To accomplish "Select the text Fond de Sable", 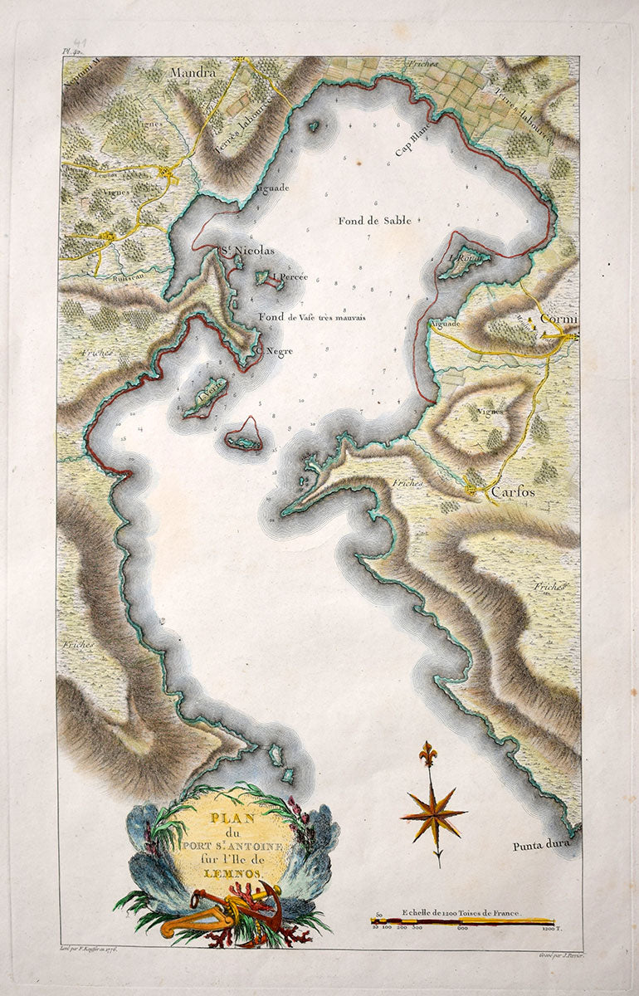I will click(374, 221).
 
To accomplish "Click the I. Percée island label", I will click(291, 277).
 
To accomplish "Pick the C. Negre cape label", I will click(275, 349).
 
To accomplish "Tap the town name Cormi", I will click(559, 319).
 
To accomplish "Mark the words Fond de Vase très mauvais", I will click(311, 317).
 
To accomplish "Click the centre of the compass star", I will click(432, 813).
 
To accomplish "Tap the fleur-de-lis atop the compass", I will click(428, 754).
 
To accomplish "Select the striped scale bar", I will click(462, 920).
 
